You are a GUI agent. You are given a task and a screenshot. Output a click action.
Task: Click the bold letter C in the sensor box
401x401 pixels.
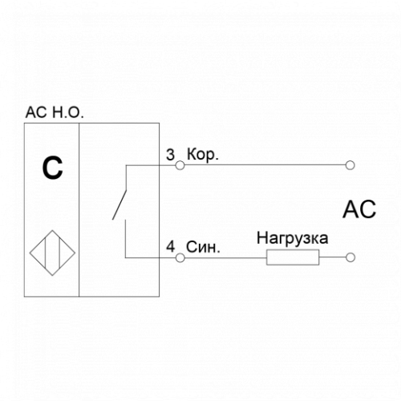click(53, 168)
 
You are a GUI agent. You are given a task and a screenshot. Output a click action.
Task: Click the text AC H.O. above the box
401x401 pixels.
click(55, 112)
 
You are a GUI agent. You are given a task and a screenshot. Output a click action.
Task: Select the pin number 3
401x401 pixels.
click(170, 155)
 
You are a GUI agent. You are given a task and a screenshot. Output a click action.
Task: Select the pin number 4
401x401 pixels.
click(171, 246)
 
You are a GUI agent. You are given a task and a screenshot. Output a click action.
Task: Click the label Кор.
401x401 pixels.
click(203, 155)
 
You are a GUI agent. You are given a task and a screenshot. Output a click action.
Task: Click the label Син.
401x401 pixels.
click(203, 247)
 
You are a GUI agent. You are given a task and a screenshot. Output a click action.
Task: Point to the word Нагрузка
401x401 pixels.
click(293, 238)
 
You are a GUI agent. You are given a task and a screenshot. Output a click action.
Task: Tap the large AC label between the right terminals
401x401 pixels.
click(359, 209)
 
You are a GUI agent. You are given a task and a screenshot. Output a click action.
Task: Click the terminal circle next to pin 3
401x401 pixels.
click(180, 165)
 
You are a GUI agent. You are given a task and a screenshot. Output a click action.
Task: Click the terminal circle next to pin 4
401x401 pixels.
click(180, 258)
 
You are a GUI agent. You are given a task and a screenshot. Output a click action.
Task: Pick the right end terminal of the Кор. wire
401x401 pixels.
click(350, 165)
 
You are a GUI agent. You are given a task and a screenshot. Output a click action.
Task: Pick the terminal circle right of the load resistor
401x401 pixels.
click(350, 257)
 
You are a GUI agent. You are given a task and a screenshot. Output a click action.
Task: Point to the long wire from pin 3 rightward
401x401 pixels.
click(265, 165)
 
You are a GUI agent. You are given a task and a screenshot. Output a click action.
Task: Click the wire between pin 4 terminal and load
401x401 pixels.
click(225, 258)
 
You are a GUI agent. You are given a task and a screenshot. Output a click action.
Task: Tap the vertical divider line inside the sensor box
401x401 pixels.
click(79, 210)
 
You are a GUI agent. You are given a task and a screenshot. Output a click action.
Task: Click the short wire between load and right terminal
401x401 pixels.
click(333, 257)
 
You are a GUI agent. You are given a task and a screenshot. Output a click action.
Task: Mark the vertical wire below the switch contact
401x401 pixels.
click(125, 239)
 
